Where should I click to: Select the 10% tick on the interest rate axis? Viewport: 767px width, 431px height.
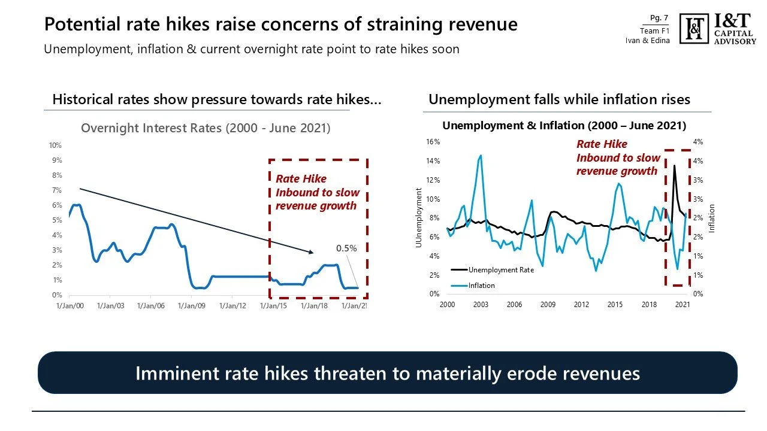click(x=55, y=145)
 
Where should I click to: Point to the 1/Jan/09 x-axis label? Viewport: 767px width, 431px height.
click(x=192, y=306)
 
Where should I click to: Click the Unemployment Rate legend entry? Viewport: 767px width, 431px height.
click(x=501, y=270)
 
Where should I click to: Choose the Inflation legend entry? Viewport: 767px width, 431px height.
click(x=482, y=286)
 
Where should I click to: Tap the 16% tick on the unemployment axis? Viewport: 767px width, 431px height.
click(x=433, y=142)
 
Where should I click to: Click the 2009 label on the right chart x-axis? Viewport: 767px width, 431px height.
click(x=548, y=305)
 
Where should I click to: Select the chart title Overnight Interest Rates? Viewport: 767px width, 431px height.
click(x=206, y=128)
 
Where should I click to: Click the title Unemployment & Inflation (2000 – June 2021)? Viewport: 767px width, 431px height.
click(x=564, y=126)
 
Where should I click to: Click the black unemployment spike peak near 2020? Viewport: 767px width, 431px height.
click(x=675, y=166)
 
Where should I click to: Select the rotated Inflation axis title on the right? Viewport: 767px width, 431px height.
click(x=712, y=218)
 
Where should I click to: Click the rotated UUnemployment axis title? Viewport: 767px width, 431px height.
click(x=419, y=218)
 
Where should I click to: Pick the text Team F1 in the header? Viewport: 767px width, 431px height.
click(x=654, y=31)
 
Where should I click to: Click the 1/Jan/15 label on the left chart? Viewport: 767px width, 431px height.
click(x=273, y=306)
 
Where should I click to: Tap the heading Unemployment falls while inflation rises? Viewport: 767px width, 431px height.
click(x=559, y=99)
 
